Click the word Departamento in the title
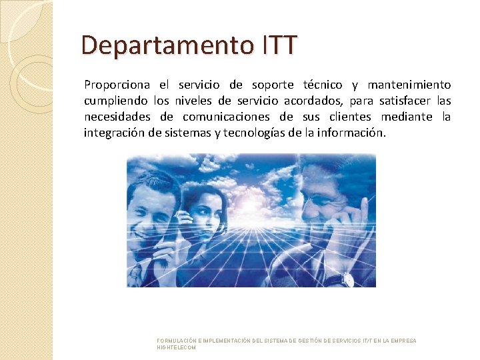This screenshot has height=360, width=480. [x=166, y=46]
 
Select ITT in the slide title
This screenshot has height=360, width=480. [x=276, y=46]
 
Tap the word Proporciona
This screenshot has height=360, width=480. [x=117, y=85]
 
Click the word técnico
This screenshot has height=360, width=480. [x=323, y=85]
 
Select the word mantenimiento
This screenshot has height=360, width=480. [x=409, y=85]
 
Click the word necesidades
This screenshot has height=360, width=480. [x=119, y=117]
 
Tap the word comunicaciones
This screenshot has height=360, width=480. [x=237, y=117]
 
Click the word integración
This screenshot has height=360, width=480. [x=115, y=133]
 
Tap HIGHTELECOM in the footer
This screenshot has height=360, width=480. [x=177, y=348]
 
